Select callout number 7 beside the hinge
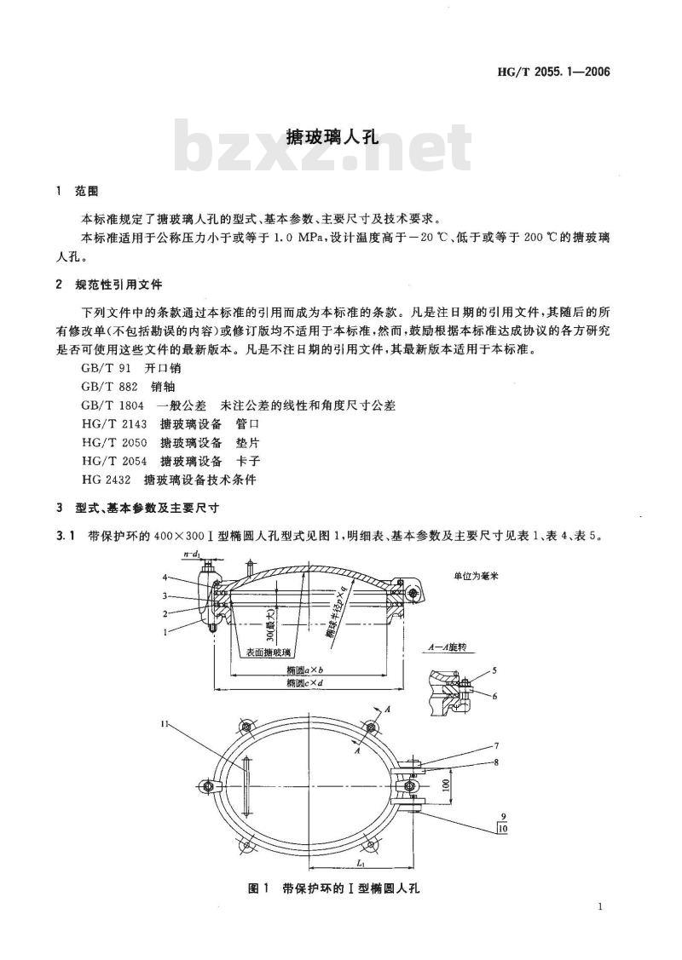pyautogui.click(x=495, y=745)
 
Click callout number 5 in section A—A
pyautogui.click(x=495, y=671)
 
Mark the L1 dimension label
pyautogui.click(x=315, y=862)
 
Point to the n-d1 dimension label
pyautogui.click(x=191, y=555)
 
